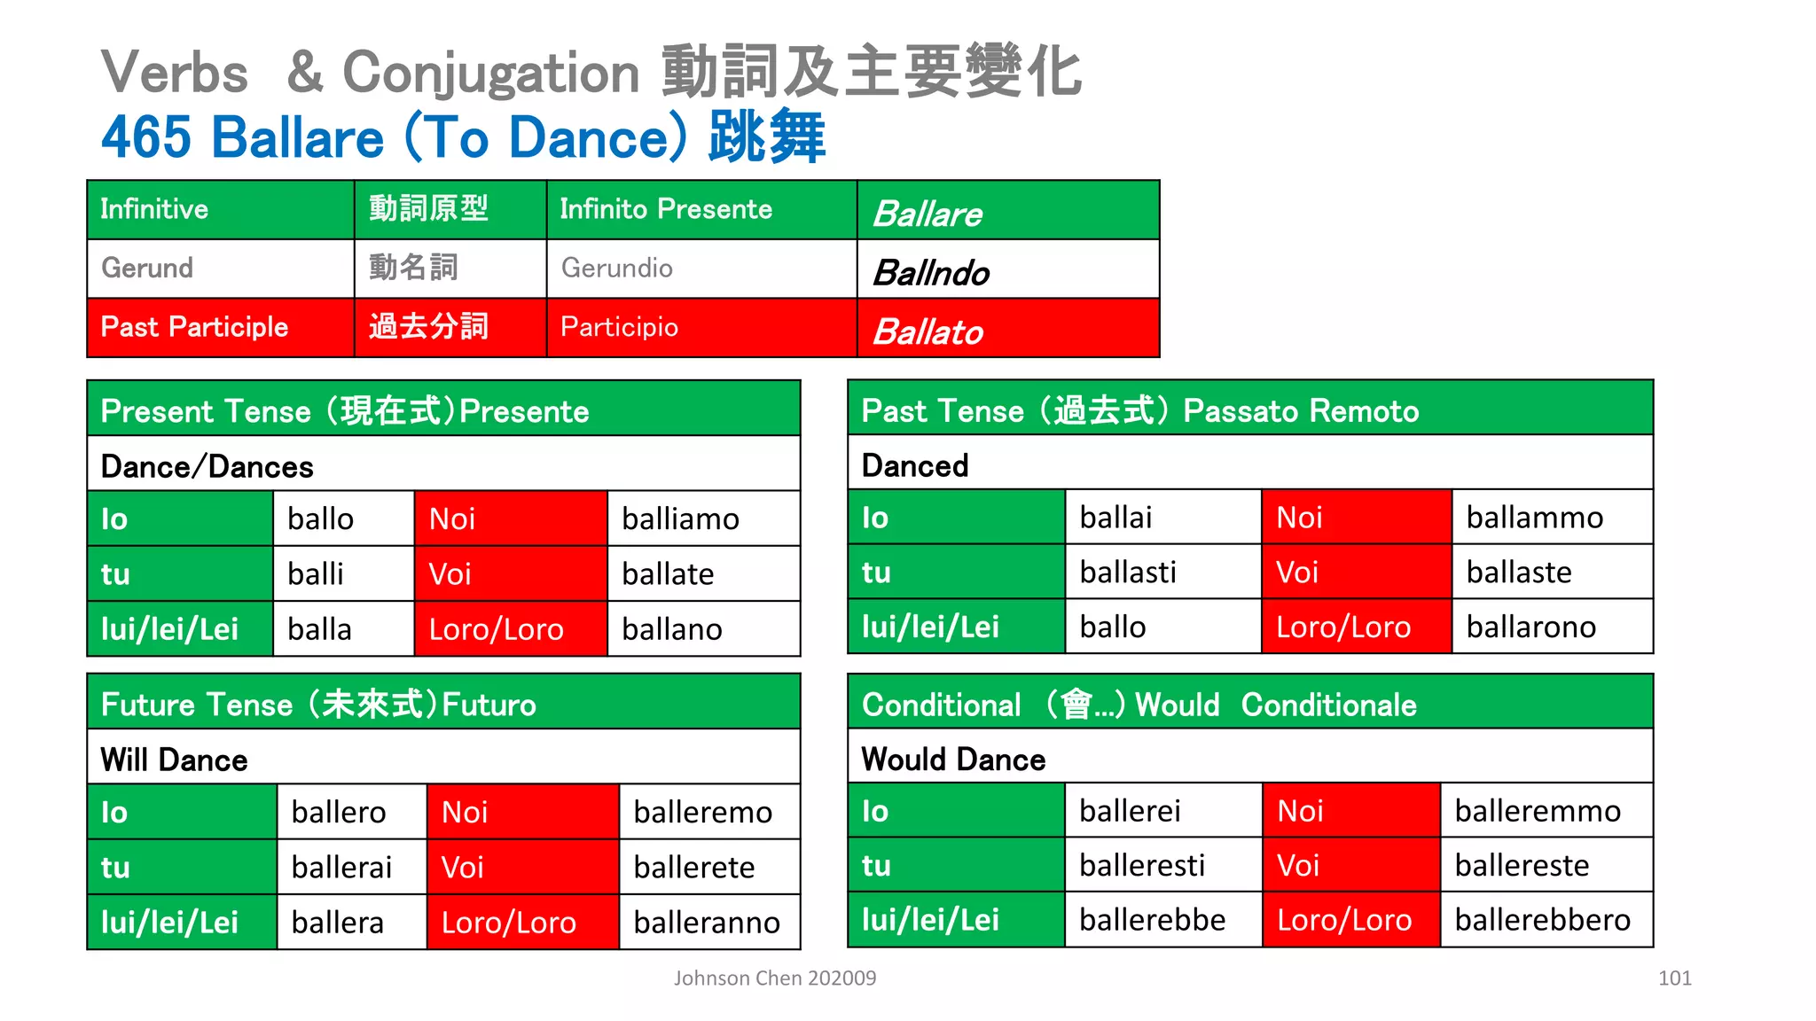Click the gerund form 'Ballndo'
click(x=931, y=272)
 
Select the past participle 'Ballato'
click(x=928, y=331)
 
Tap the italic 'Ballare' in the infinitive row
click(x=928, y=214)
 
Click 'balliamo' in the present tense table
click(x=680, y=518)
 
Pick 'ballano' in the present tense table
click(x=671, y=629)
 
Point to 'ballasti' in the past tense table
click(x=1128, y=573)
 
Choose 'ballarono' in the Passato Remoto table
click(x=1530, y=627)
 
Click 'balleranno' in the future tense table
click(x=707, y=923)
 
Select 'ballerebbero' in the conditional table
click(x=1542, y=920)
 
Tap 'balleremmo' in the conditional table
click(x=1538, y=811)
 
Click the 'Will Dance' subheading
click(x=175, y=760)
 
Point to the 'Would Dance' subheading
click(x=953, y=759)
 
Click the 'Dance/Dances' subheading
click(x=207, y=466)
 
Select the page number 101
click(x=1674, y=978)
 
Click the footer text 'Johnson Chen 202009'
click(x=775, y=978)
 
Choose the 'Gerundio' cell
click(x=617, y=268)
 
